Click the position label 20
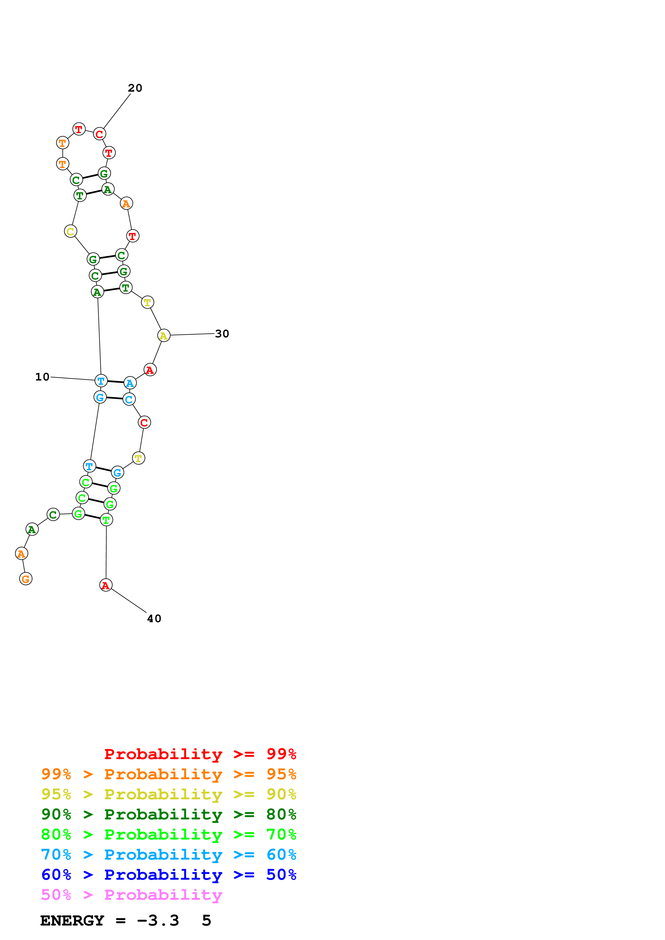coord(135,88)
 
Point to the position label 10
coord(42,377)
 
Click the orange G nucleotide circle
coord(26,579)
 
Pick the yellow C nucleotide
coord(71,231)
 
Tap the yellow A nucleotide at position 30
coord(163,335)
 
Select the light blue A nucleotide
coord(130,383)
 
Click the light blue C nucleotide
coord(129,399)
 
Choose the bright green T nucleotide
coord(106,520)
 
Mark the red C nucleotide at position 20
coord(100,134)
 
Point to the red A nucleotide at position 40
coord(106,585)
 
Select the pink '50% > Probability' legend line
coord(131,895)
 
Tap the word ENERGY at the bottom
coord(72,921)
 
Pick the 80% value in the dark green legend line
coord(281,815)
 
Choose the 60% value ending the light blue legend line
coord(281,855)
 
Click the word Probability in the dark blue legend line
coord(163,875)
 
